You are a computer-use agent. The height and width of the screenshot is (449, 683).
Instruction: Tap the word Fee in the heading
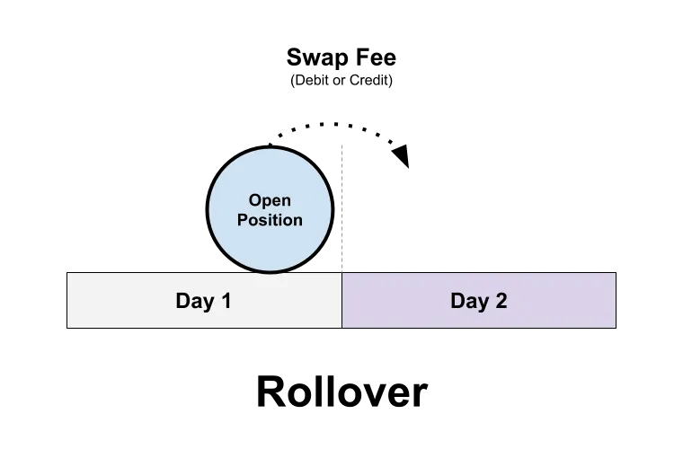[377, 57]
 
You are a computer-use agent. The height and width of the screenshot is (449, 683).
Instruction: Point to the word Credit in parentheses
[369, 80]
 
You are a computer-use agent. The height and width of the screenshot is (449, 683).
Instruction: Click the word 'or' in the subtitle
[339, 81]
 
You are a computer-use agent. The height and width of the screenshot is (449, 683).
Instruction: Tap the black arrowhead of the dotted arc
[401, 155]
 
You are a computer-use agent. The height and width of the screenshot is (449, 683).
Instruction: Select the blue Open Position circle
[271, 209]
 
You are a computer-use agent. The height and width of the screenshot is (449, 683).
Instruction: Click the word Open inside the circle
[270, 200]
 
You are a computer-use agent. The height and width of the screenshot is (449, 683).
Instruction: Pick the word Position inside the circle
[270, 220]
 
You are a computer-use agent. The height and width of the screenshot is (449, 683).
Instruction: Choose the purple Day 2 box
[479, 300]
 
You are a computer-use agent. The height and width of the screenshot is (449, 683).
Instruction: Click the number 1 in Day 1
[226, 301]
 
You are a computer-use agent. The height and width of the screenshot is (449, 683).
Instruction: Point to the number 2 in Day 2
[501, 301]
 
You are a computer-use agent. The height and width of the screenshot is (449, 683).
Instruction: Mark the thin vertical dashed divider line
[341, 209]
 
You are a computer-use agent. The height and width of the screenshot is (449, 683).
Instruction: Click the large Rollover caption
[341, 392]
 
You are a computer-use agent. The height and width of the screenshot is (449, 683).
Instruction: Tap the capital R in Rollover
[270, 392]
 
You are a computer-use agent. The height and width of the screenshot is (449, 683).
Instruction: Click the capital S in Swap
[295, 57]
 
